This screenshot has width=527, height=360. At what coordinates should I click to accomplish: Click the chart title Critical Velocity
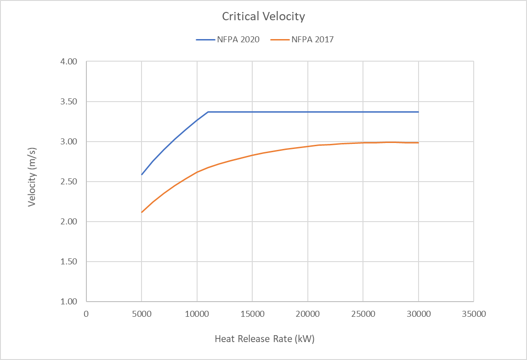[x=263, y=17]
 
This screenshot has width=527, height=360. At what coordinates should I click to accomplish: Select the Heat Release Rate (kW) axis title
[x=265, y=339]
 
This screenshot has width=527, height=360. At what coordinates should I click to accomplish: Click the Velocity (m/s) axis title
[x=32, y=182]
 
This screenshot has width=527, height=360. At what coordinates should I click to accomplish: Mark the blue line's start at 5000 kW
[x=142, y=175]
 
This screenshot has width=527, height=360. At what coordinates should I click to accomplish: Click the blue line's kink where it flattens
[x=208, y=112]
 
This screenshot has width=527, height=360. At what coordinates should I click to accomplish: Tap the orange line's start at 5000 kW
[x=142, y=212]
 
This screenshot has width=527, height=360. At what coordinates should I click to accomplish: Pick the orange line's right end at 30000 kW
[x=419, y=143]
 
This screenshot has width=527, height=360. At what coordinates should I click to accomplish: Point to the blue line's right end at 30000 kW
[x=419, y=112]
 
